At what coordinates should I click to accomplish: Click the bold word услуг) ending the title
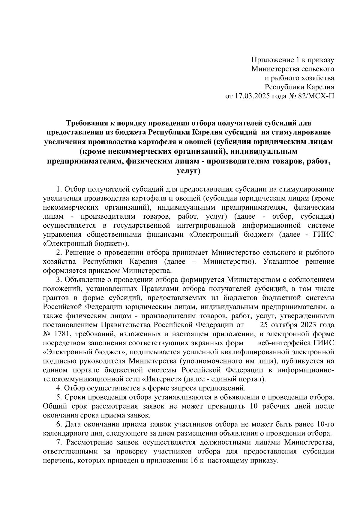(x=187, y=172)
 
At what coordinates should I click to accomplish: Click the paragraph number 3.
(x=59, y=280)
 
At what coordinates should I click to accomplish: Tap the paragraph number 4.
(x=59, y=388)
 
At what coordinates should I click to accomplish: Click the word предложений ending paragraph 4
(x=224, y=388)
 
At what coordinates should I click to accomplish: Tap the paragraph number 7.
(x=59, y=442)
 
